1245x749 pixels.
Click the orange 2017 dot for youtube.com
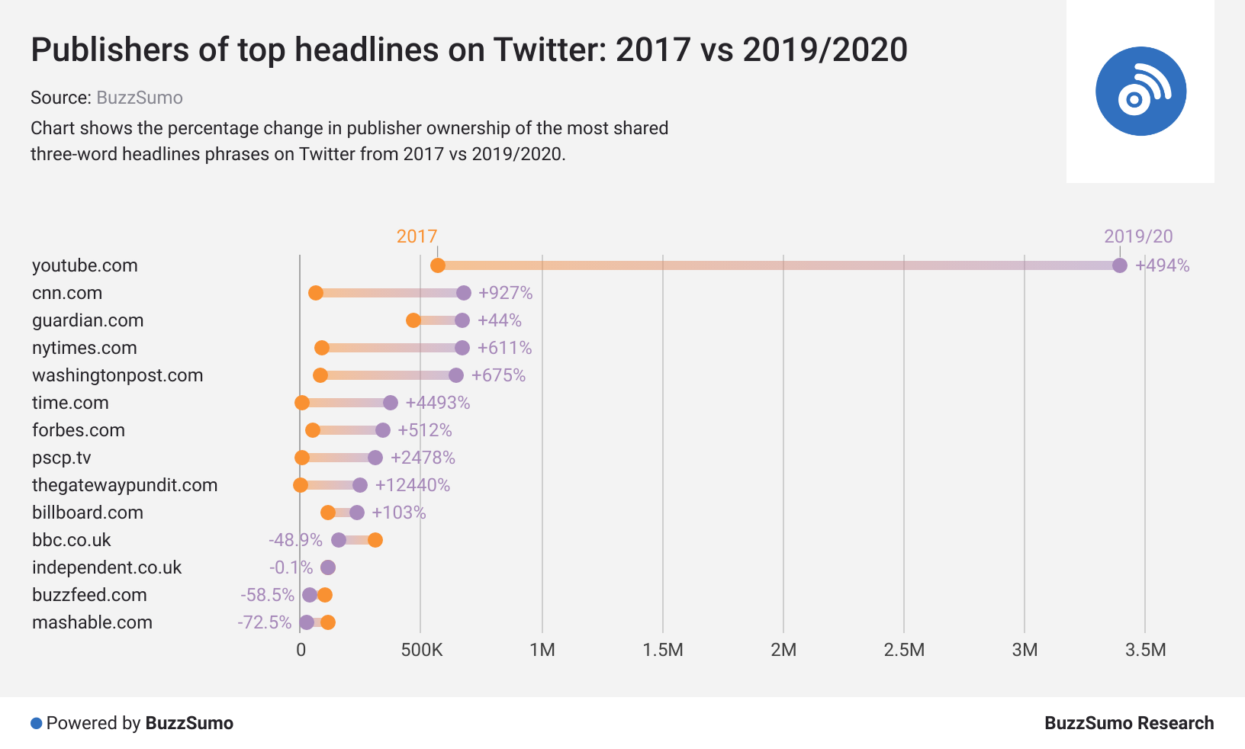click(438, 265)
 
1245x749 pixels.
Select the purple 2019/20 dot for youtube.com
click(1119, 265)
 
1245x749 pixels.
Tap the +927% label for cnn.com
click(505, 293)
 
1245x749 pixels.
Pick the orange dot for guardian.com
click(413, 320)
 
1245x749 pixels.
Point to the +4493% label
click(437, 403)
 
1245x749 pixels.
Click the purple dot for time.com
click(391, 403)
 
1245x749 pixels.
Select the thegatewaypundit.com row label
click(124, 485)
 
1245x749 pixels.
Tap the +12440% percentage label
click(412, 485)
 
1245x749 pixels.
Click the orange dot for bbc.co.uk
click(375, 540)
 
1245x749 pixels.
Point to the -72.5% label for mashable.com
click(265, 622)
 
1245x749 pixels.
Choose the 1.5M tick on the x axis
click(662, 650)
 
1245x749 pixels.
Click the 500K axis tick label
click(421, 650)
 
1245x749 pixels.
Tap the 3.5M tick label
click(1145, 650)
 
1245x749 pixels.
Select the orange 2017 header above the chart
click(417, 236)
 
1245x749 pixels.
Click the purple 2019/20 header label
click(1138, 236)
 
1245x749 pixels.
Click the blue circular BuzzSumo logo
click(1140, 92)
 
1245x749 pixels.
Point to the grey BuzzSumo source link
click(140, 98)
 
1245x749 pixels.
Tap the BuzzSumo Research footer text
click(1128, 723)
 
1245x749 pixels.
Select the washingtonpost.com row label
click(117, 375)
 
